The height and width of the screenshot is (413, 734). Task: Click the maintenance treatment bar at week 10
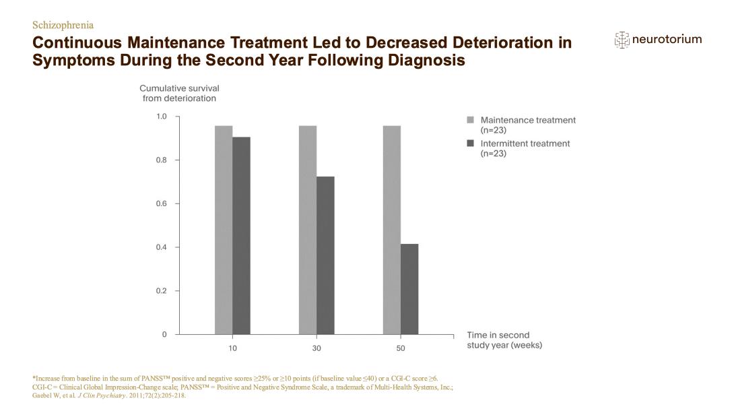(x=224, y=230)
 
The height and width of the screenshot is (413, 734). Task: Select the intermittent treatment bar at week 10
(x=241, y=236)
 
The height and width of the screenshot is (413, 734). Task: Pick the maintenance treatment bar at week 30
(x=308, y=230)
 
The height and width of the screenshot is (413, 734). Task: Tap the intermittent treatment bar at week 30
(x=325, y=255)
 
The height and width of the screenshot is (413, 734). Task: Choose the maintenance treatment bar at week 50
(x=392, y=230)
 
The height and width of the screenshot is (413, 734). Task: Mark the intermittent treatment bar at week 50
(x=409, y=289)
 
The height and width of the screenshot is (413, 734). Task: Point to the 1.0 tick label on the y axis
(x=162, y=117)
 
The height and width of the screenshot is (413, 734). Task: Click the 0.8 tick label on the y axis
(x=162, y=160)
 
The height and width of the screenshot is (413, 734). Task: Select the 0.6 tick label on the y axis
(x=162, y=203)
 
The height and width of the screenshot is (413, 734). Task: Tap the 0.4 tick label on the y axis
(x=162, y=247)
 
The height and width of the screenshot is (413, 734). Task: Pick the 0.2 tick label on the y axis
(x=162, y=291)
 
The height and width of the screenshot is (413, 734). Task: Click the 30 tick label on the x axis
(x=316, y=348)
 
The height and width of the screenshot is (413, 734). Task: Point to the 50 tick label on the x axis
(x=401, y=348)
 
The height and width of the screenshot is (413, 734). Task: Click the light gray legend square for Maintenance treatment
(x=471, y=120)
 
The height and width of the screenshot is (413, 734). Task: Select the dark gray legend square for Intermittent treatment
(x=471, y=144)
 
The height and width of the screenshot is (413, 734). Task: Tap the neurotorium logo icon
(x=622, y=40)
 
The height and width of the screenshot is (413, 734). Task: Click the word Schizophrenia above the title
(x=63, y=26)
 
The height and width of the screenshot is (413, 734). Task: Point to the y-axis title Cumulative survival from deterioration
(x=179, y=93)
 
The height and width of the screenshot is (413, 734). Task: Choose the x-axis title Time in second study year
(x=504, y=340)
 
